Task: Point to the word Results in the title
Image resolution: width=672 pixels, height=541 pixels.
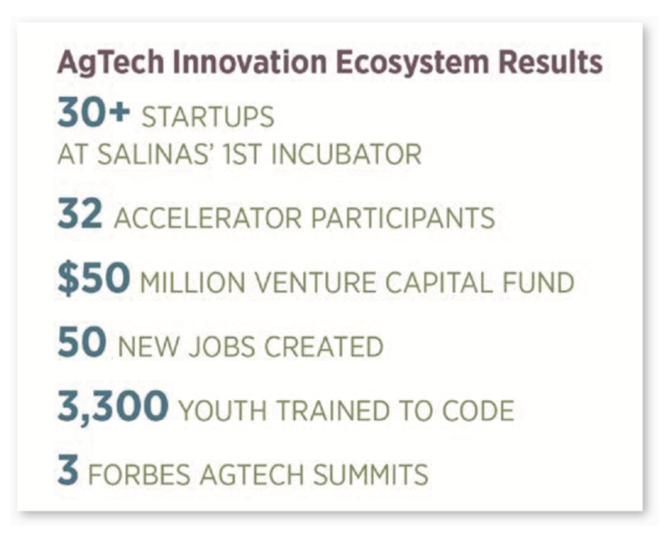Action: [x=550, y=62]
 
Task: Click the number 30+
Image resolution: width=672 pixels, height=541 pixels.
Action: [x=93, y=112]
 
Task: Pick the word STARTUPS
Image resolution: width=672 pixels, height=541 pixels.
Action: [x=208, y=117]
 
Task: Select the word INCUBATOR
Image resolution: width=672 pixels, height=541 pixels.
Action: [x=346, y=154]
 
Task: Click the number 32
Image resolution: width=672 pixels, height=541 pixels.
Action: [x=80, y=214]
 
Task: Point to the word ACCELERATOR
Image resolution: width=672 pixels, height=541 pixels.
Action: [x=208, y=218]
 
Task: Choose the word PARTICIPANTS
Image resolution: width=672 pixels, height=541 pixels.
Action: [x=403, y=218]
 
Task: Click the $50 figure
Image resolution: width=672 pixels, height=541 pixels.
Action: [x=93, y=279]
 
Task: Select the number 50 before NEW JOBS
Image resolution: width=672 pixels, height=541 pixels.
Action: [x=82, y=341]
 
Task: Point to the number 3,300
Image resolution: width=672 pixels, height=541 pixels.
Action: [x=113, y=407]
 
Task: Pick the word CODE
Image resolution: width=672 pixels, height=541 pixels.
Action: [x=478, y=411]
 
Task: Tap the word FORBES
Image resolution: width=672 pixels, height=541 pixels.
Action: [x=139, y=474]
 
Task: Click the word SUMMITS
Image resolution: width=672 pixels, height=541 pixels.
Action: [x=371, y=474]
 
